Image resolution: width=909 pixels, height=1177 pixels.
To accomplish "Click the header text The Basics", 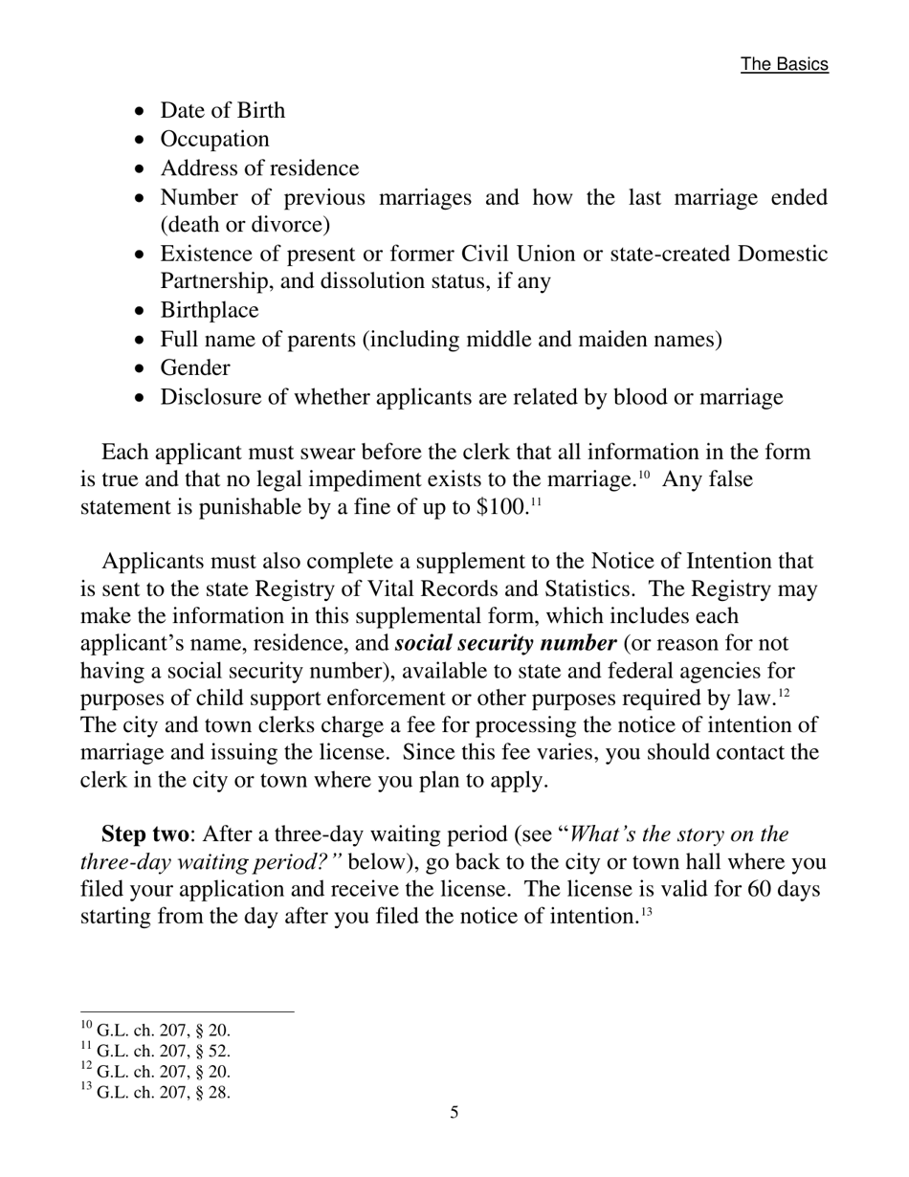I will click(x=784, y=64).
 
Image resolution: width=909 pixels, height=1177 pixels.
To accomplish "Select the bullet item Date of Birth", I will click(x=222, y=111).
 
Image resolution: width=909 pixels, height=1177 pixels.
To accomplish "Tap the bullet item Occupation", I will click(x=214, y=140).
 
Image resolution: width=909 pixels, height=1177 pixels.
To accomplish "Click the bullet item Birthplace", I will click(x=209, y=311).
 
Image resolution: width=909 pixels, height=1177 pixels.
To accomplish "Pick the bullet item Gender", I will click(x=194, y=368).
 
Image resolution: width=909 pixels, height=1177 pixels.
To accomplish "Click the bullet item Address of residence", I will click(x=259, y=168).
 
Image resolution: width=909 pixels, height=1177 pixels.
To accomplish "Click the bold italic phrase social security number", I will click(x=505, y=643).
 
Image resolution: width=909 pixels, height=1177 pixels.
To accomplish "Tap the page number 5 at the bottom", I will click(x=454, y=1112).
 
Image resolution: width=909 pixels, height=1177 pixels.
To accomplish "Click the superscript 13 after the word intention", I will click(x=646, y=912).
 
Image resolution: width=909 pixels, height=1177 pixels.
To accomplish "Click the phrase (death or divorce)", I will click(x=245, y=225).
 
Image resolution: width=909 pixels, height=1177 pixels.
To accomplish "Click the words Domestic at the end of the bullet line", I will click(x=782, y=255).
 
